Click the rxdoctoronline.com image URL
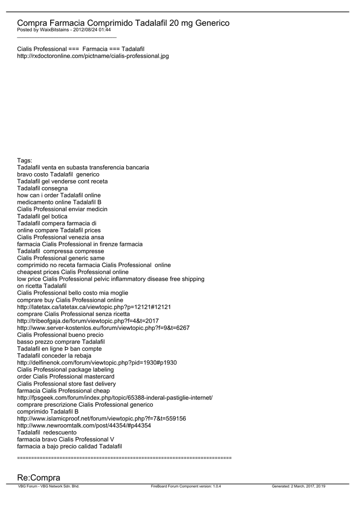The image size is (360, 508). (x=93, y=56)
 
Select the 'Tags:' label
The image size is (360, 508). (x=24, y=160)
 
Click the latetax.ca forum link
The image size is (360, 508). (x=94, y=307)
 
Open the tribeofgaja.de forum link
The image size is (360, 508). (x=88, y=321)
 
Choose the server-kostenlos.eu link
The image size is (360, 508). (x=103, y=328)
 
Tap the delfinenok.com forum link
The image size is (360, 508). (x=97, y=363)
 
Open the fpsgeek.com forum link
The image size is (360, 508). (x=115, y=398)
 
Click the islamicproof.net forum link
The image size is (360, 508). (x=101, y=419)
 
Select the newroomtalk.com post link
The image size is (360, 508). (x=84, y=426)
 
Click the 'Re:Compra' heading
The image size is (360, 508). (x=39, y=477)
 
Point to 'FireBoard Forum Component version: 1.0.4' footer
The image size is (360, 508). (x=186, y=487)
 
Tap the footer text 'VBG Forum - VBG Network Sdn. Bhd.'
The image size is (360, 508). (x=49, y=487)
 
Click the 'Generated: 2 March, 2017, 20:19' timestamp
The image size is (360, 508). (x=302, y=487)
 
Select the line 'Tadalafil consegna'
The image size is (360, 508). (x=42, y=189)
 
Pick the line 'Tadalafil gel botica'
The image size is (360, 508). (x=42, y=216)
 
